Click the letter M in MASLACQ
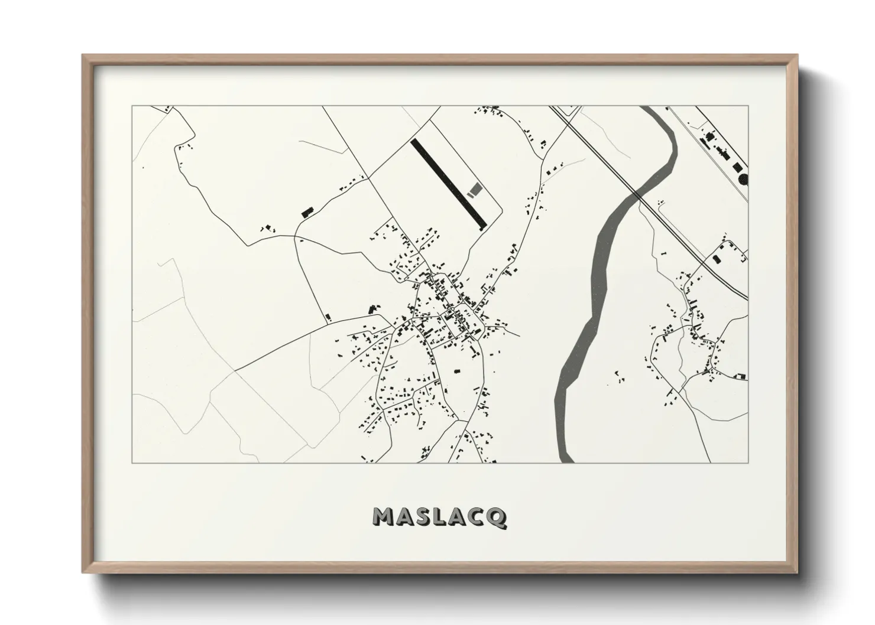point(384,517)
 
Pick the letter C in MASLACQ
point(477,517)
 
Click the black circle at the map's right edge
point(743,178)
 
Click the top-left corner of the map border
point(132,106)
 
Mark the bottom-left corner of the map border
point(132,463)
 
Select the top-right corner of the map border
point(748,106)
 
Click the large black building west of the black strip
point(306,212)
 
